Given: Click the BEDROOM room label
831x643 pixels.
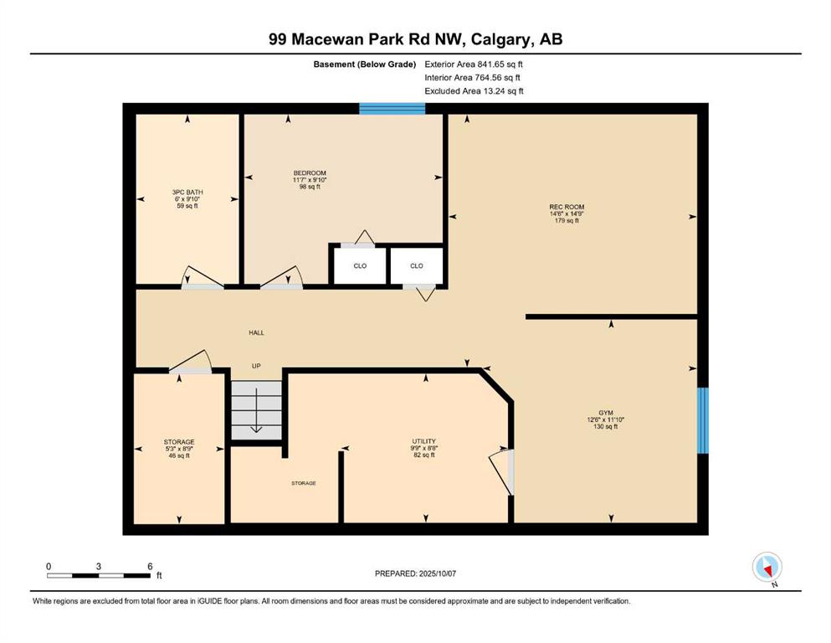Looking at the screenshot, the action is click(x=310, y=172).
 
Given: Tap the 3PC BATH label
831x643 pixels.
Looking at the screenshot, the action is click(x=187, y=192).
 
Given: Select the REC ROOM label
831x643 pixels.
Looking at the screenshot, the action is click(x=567, y=207).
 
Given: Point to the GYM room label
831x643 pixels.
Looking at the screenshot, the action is click(x=606, y=413).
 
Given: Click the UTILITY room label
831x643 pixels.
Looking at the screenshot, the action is click(x=424, y=441).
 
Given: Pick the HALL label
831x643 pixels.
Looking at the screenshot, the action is click(x=257, y=333).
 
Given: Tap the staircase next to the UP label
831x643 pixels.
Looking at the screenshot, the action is click(x=257, y=410).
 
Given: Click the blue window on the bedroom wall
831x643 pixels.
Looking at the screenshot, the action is click(x=392, y=109).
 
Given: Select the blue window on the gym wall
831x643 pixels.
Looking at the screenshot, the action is click(x=702, y=420).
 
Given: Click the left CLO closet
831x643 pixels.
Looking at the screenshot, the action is click(x=360, y=265).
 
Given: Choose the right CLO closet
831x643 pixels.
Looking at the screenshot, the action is click(x=417, y=265).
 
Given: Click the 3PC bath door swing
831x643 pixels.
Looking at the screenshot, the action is click(x=202, y=277).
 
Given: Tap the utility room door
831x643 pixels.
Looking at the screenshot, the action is click(x=500, y=471).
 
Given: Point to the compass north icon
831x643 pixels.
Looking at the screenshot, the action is click(x=767, y=568).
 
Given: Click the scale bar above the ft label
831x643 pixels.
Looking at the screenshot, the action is click(x=99, y=575).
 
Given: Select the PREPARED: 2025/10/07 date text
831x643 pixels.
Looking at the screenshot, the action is click(x=415, y=574).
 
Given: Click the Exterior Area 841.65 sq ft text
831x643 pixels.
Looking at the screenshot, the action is click(x=474, y=64).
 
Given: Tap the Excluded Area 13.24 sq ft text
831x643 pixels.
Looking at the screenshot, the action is click(x=474, y=91).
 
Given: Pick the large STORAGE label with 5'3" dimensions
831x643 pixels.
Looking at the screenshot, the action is click(x=179, y=441).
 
